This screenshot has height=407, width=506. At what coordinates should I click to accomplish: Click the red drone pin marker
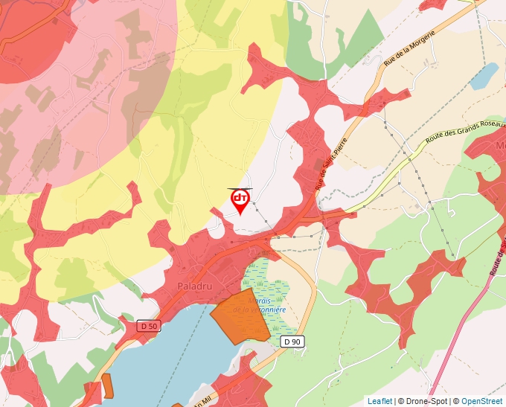240,199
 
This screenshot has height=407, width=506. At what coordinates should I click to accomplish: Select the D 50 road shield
149,326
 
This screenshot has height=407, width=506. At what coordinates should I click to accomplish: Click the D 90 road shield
292,341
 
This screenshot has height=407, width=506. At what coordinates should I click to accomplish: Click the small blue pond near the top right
484,75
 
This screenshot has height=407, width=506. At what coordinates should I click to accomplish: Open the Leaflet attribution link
379,401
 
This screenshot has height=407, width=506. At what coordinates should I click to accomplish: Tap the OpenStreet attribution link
481,401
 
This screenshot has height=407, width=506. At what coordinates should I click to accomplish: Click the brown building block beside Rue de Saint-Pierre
321,165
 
